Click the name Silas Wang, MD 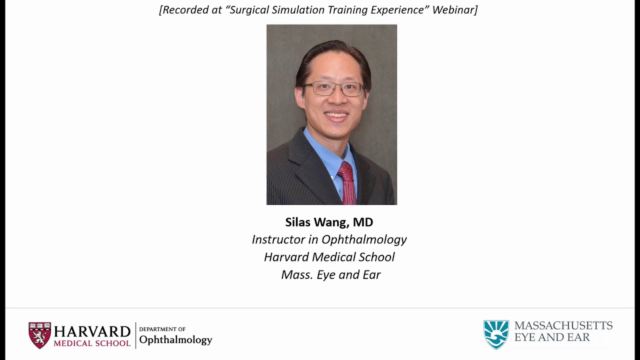pos(329,222)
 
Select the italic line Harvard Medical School pos(329,257)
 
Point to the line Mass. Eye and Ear pos(330,274)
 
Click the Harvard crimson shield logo pos(39,335)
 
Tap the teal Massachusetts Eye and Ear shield pos(495,334)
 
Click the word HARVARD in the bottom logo pos(92,331)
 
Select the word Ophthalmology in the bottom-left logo pos(175,340)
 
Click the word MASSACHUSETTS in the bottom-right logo pos(563,325)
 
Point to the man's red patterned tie pos(347,182)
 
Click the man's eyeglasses pos(333,89)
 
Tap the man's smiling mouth pos(336,115)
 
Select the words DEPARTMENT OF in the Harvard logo pos(162,329)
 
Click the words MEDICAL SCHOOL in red pos(92,343)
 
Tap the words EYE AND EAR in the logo pos(552,338)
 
